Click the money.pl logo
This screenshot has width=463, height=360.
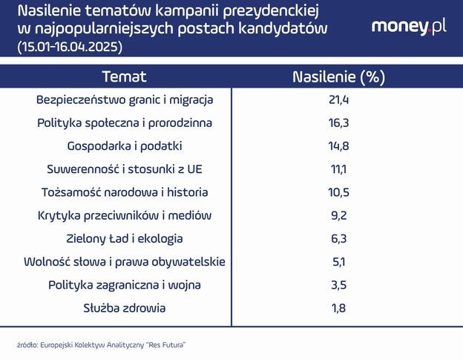pyautogui.click(x=409, y=27)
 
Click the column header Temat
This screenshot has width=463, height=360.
pyautogui.click(x=125, y=77)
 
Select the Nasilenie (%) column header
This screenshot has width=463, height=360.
pyautogui.click(x=339, y=77)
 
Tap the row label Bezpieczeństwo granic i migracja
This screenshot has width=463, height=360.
pyautogui.click(x=125, y=99)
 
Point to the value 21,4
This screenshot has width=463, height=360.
pyautogui.click(x=339, y=99)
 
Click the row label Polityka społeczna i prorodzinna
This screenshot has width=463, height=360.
pyautogui.click(x=125, y=122)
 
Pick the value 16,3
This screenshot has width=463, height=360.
pyautogui.click(x=339, y=122)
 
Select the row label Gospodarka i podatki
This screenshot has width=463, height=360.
pyautogui.click(x=125, y=145)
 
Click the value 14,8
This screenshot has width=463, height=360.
pyautogui.click(x=339, y=145)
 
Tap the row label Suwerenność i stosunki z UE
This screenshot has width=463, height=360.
pyautogui.click(x=125, y=169)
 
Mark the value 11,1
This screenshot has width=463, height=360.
pyautogui.click(x=339, y=169)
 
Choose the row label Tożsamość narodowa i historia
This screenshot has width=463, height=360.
pyautogui.click(x=125, y=192)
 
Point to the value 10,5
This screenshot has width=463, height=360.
pyautogui.click(x=339, y=192)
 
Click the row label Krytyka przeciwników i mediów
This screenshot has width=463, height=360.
pyautogui.click(x=125, y=215)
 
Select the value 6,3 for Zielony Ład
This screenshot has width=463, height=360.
pyautogui.click(x=339, y=238)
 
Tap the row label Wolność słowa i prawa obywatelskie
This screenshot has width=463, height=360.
pyautogui.click(x=125, y=261)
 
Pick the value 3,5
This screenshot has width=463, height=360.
pyautogui.click(x=339, y=284)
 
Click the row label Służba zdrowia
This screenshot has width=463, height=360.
pyautogui.click(x=125, y=308)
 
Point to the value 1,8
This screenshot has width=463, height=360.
pyautogui.click(x=339, y=308)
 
